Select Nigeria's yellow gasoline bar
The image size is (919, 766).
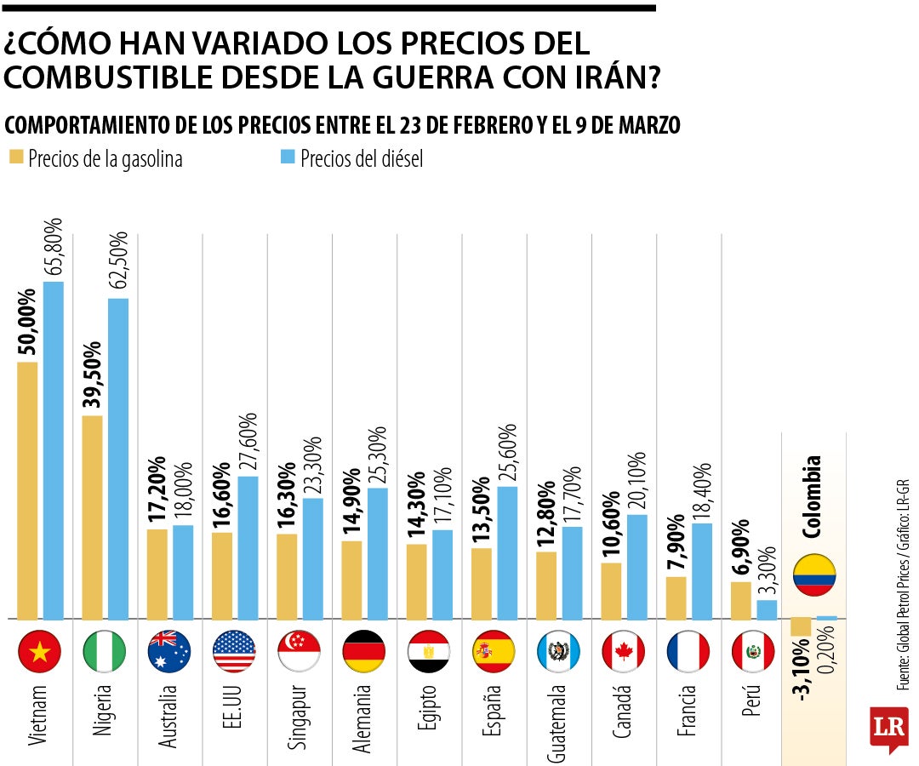click(x=92, y=517)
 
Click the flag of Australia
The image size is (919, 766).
click(x=168, y=652)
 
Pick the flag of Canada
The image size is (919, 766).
click(x=623, y=652)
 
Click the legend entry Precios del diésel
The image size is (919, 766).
click(x=361, y=159)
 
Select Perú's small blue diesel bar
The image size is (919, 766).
click(x=767, y=609)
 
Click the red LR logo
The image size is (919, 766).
click(x=888, y=729)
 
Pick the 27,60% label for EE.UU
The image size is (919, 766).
click(x=249, y=443)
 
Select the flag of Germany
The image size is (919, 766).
click(x=364, y=652)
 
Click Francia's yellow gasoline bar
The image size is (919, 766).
click(x=676, y=598)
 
